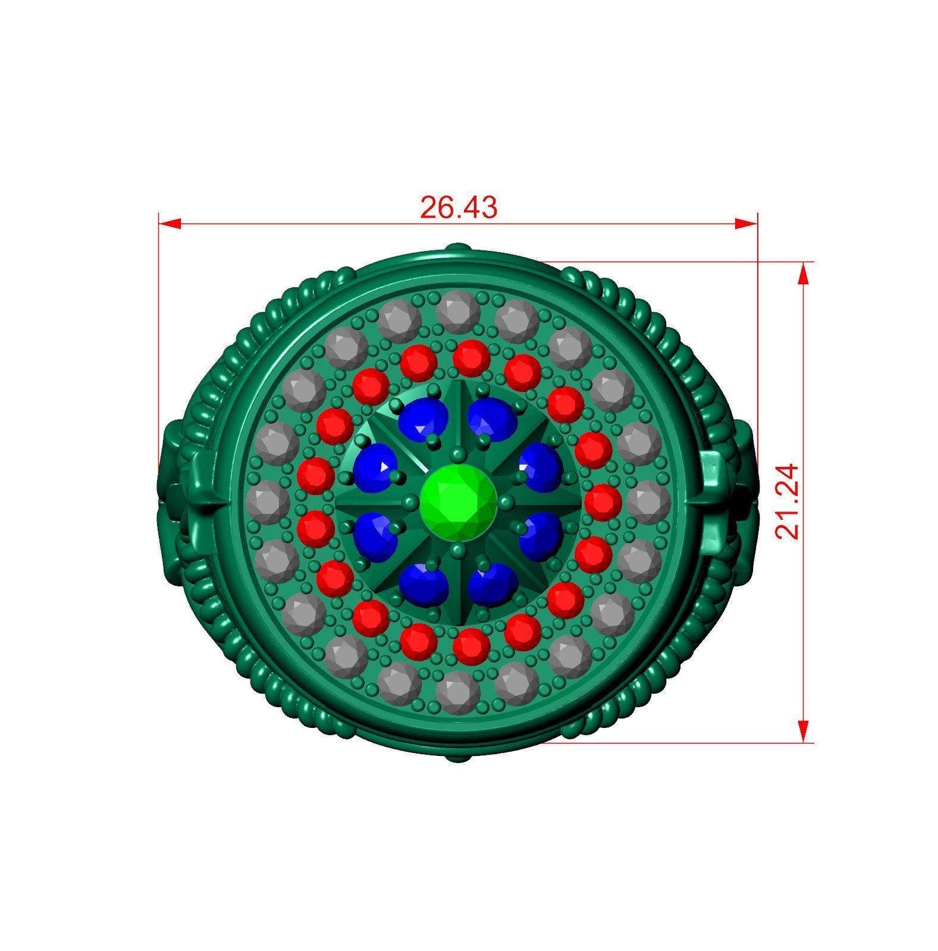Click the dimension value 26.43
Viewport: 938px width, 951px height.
pyautogui.click(x=458, y=208)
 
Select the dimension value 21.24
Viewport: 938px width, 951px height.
pyautogui.click(x=789, y=501)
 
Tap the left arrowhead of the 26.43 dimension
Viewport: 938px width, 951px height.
pyautogui.click(x=170, y=224)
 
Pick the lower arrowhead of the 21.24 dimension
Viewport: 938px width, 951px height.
pyautogui.click(x=803, y=730)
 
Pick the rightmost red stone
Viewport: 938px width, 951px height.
pyautogui.click(x=603, y=501)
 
